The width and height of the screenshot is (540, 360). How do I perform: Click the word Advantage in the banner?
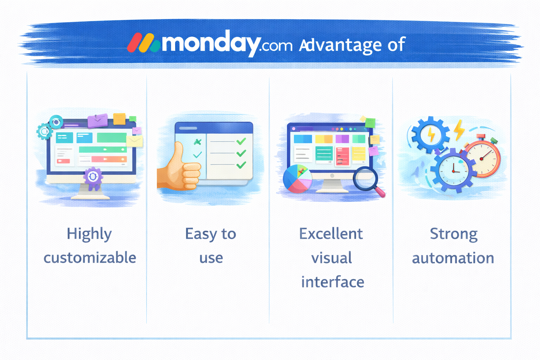point(340,45)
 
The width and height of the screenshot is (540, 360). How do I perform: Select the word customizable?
point(90,258)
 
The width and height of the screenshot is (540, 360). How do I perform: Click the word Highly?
point(89,234)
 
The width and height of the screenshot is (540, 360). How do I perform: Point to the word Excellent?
point(331,234)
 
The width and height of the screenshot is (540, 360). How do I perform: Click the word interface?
point(332,282)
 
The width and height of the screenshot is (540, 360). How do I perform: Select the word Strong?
point(454,234)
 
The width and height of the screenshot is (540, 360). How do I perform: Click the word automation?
point(453,258)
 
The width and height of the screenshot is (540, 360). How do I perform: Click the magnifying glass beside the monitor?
point(367,180)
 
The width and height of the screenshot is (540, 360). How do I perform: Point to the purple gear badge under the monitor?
point(93,177)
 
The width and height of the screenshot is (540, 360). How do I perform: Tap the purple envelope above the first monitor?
point(97,121)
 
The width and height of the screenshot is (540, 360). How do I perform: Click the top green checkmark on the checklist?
point(241,141)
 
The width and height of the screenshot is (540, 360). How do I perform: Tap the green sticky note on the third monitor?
point(370,123)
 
